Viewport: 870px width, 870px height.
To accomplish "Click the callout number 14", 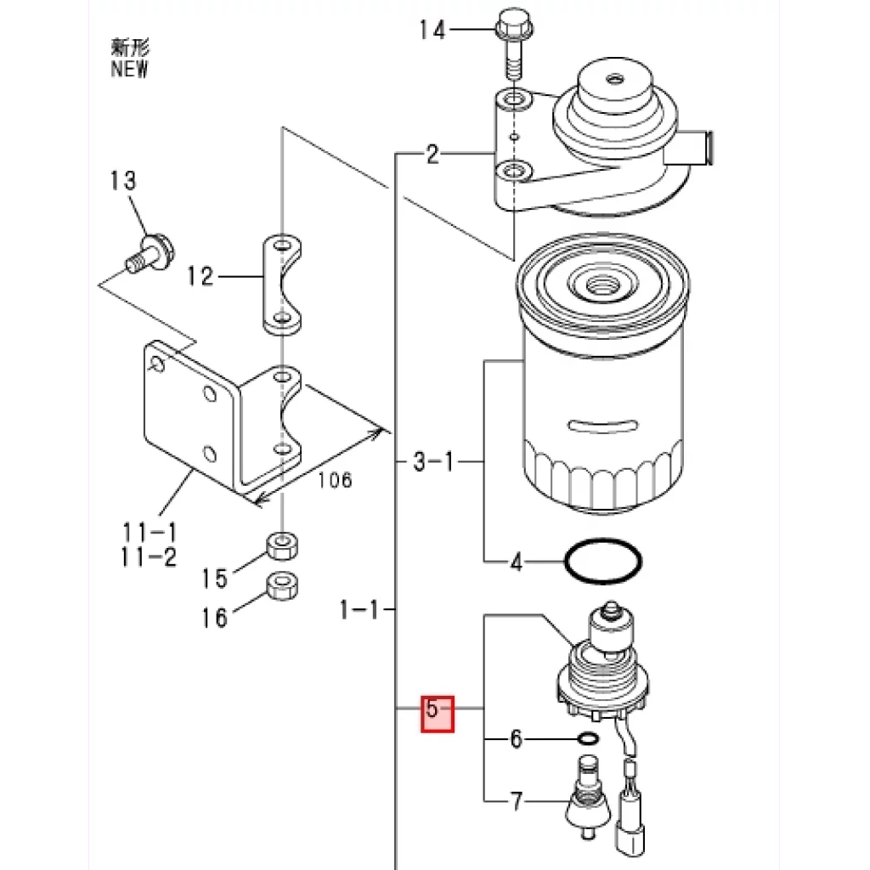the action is (x=432, y=30).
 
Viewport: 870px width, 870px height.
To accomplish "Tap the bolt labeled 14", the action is (x=513, y=42).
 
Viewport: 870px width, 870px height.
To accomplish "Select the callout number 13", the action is (x=122, y=180).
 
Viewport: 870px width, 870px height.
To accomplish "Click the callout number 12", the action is (x=201, y=276).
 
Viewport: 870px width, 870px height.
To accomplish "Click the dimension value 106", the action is (x=335, y=480).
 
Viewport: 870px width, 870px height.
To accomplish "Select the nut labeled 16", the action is (x=282, y=586).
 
